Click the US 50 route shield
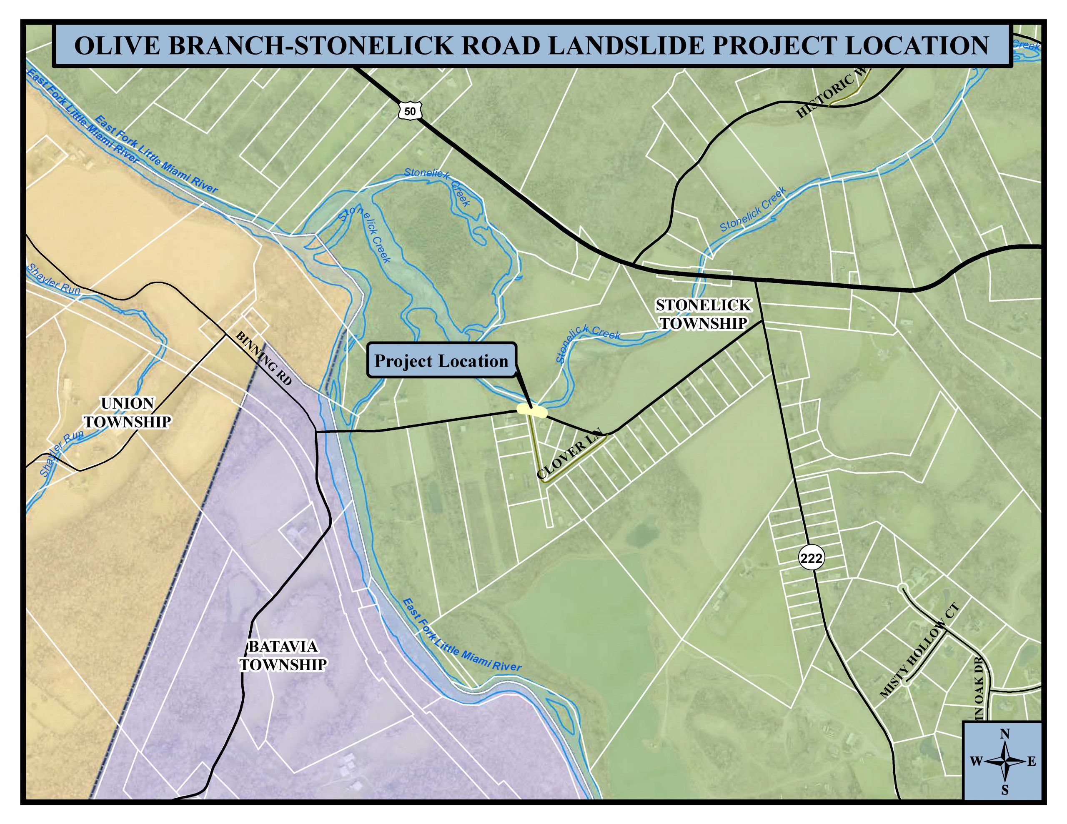click(410, 111)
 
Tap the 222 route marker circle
click(812, 558)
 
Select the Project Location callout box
click(441, 360)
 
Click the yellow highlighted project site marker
click(531, 410)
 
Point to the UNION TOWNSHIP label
click(128, 413)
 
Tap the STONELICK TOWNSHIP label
click(704, 314)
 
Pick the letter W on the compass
click(976, 762)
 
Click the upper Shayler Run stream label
click(53, 279)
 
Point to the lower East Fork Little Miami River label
click(462, 634)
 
